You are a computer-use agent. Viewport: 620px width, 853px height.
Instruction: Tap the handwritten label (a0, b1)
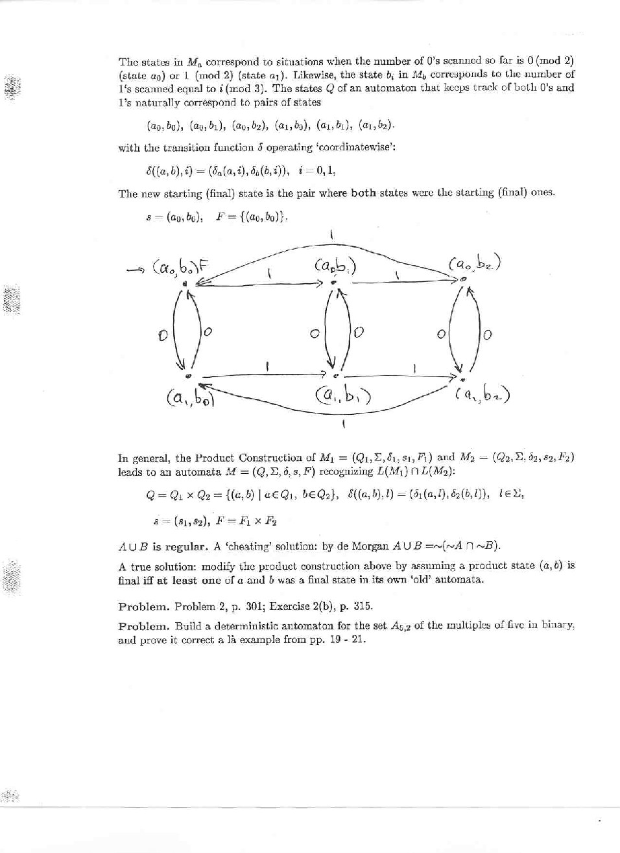coord(334,266)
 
